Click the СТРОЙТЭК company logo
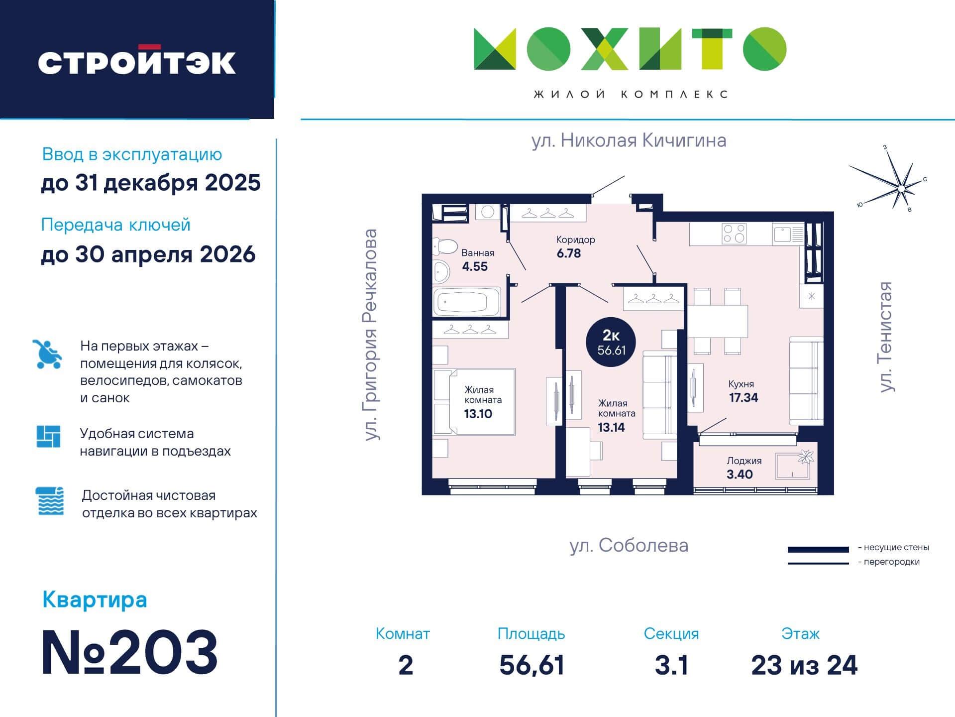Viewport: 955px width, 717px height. click(x=137, y=61)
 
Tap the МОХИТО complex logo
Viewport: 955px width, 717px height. click(x=630, y=49)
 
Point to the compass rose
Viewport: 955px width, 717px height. click(x=891, y=182)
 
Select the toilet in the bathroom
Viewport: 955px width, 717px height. click(x=444, y=246)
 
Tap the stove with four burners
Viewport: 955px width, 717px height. click(x=734, y=233)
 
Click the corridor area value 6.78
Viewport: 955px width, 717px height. click(x=568, y=253)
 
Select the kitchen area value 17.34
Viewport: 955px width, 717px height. click(x=743, y=397)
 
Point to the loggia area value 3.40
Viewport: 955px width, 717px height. click(x=739, y=474)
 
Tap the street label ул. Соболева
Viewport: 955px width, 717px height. click(x=629, y=546)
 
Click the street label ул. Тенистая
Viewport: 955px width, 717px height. click(x=886, y=337)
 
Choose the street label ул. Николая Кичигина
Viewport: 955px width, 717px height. click(x=629, y=140)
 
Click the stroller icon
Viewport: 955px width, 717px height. click(x=47, y=354)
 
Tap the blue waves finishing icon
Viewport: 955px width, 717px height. click(x=50, y=501)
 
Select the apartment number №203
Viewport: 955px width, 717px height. click(x=129, y=652)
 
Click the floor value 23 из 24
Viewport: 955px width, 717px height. click(x=804, y=665)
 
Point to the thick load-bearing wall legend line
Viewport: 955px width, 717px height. click(x=818, y=550)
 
